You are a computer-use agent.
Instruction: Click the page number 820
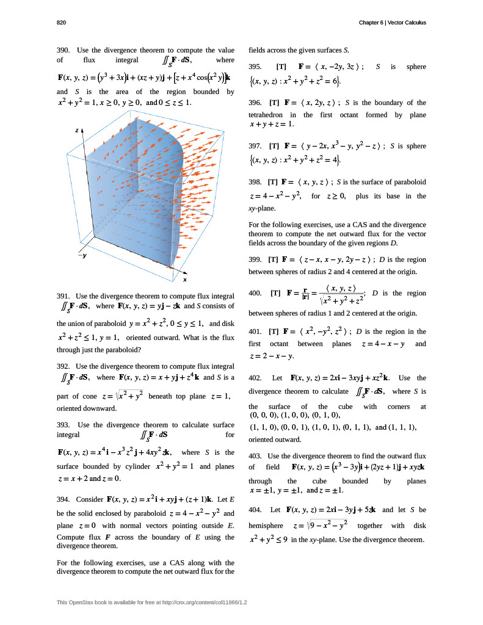pyautogui.click(x=61, y=23)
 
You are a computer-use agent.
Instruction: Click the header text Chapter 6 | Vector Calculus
pyautogui.click(x=393, y=23)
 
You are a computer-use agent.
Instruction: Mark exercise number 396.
pyautogui.click(x=256, y=103)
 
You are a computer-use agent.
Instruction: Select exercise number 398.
pyautogui.click(x=256, y=182)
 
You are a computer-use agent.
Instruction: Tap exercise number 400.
pyautogui.click(x=256, y=293)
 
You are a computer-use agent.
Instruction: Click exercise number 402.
pyautogui.click(x=256, y=378)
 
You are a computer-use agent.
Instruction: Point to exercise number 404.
pyautogui.click(x=256, y=509)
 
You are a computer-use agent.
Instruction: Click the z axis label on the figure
pyautogui.click(x=76, y=130)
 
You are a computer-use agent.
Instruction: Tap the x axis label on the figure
pyautogui.click(x=185, y=280)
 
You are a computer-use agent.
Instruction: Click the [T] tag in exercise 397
pyautogui.click(x=274, y=146)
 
